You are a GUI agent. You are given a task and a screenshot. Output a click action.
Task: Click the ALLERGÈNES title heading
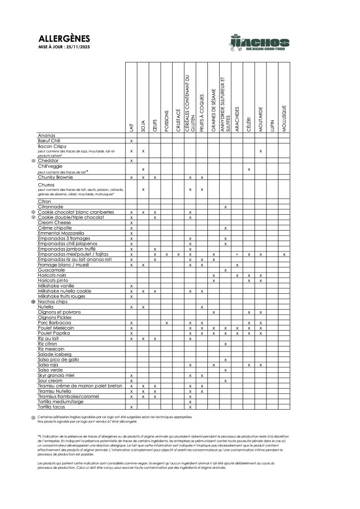pos(64,39)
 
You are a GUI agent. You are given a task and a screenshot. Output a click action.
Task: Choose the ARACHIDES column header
pos(237,119)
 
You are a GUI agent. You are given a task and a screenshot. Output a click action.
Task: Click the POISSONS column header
pos(167,121)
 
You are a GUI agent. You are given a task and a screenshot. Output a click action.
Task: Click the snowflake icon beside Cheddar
pos(33,161)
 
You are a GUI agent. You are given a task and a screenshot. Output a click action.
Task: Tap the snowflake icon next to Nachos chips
pos(33,302)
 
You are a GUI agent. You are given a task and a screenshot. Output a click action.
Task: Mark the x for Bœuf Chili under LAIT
pos(131,141)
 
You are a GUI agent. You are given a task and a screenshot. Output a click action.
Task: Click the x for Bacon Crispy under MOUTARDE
pos(261,150)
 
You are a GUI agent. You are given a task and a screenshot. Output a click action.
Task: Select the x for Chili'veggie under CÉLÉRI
pos(249,170)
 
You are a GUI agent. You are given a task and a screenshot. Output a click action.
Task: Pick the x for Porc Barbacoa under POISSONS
pos(167,323)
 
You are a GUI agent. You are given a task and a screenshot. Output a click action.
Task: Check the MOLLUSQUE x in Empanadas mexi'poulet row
pos(284,254)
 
